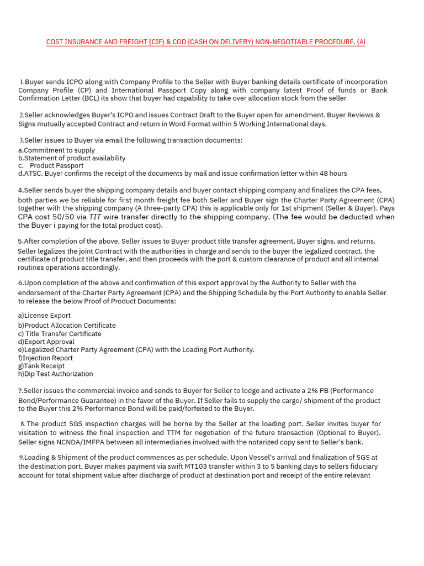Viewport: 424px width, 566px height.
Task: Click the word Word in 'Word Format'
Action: tap(140, 124)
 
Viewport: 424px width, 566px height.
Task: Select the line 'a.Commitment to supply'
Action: tap(56, 150)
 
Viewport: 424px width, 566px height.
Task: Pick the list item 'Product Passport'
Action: tap(56, 166)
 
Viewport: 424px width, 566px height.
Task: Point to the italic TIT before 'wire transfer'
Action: tap(95, 217)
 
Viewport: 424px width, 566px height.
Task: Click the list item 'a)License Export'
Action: tap(44, 316)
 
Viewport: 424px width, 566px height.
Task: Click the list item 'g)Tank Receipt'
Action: tap(41, 366)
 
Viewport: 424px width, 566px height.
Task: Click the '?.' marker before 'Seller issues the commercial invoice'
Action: tap(21, 391)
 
